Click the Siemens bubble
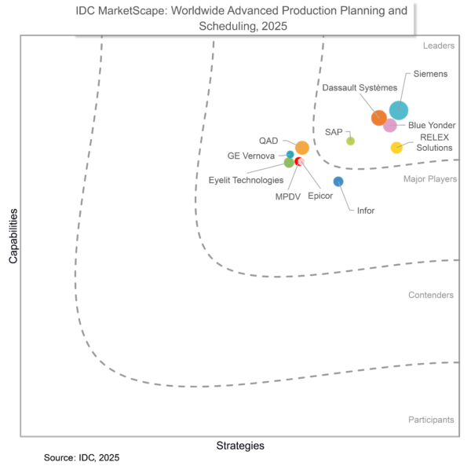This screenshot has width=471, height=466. [x=399, y=111]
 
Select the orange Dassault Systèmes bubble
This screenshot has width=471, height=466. [x=379, y=118]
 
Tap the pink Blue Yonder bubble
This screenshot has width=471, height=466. [x=390, y=125]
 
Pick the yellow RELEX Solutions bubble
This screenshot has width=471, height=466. [x=396, y=147]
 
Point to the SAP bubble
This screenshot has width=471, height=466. [x=350, y=141]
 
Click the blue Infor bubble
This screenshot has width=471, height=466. [x=338, y=182]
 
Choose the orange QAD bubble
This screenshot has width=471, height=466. [x=302, y=147]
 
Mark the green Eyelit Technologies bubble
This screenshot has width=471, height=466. [x=289, y=163]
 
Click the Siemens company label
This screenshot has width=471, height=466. [x=431, y=74]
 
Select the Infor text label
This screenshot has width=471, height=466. [x=366, y=211]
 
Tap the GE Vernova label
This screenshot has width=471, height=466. [x=251, y=156]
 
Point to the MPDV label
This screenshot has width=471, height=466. [x=288, y=196]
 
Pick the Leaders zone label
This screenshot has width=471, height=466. [x=438, y=46]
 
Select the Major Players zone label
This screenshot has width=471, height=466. [x=430, y=179]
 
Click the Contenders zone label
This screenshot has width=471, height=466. [x=431, y=295]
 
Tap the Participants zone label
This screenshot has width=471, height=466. [x=431, y=420]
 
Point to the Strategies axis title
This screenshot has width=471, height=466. [x=240, y=446]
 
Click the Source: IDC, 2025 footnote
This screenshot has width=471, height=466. [x=82, y=457]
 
